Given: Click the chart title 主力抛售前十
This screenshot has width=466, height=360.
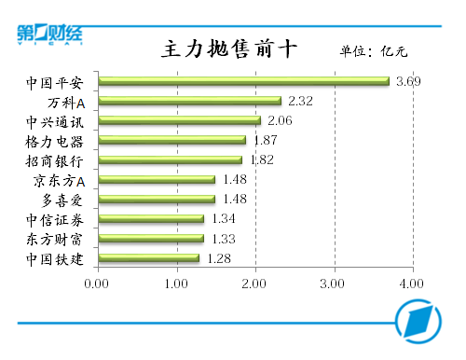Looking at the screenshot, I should [x=229, y=49].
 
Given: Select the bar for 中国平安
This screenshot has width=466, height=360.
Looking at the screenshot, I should [x=243, y=81].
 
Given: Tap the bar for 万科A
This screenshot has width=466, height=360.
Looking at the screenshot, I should [x=189, y=101].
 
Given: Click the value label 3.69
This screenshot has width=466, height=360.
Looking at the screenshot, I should [x=408, y=81].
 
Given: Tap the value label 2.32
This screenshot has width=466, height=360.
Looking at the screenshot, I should [x=300, y=101].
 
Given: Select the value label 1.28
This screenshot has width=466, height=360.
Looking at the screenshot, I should [x=218, y=257].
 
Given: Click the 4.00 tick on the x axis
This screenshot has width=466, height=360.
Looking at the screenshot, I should [x=411, y=282].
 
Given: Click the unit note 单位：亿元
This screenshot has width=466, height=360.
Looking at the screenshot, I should [x=374, y=51].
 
